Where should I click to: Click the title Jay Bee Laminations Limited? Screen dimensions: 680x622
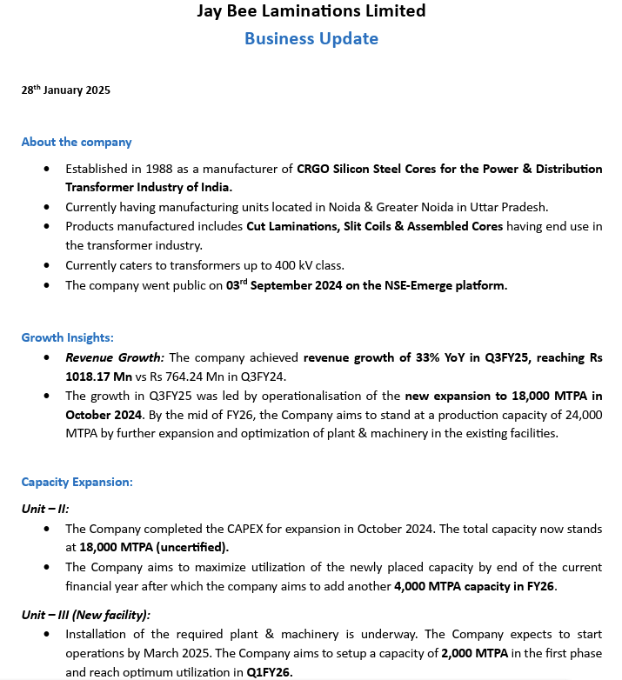click(x=311, y=11)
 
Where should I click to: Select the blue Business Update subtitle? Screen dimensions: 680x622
click(x=311, y=38)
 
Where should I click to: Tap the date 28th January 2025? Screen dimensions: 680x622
click(x=66, y=90)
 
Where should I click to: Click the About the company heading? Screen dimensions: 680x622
click(x=77, y=142)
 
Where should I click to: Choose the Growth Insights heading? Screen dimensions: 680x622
click(x=68, y=337)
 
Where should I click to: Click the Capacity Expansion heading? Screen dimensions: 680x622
click(x=77, y=481)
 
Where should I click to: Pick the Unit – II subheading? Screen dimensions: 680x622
click(x=44, y=507)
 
